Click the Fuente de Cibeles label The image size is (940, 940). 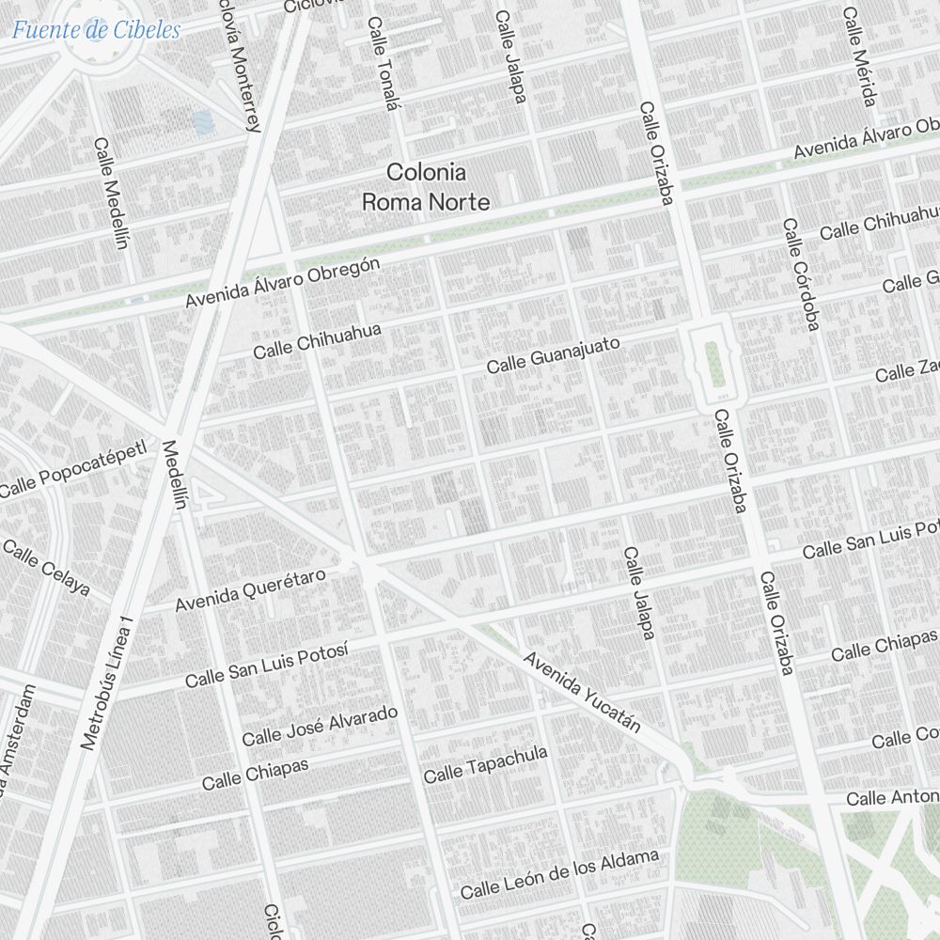point(96,29)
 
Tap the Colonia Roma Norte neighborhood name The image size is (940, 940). point(427,187)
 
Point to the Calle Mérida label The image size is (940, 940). point(859,57)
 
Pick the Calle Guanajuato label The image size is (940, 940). point(553,354)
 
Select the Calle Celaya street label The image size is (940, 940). point(46,568)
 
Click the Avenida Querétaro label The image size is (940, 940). point(250,589)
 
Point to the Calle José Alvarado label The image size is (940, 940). point(320,725)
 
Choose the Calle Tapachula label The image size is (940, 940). point(485,764)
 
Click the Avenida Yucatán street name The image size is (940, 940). point(583,692)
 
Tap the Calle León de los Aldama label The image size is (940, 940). point(558,874)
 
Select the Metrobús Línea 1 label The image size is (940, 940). point(109,682)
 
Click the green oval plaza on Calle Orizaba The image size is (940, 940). point(713,363)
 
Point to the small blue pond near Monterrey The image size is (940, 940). point(201,121)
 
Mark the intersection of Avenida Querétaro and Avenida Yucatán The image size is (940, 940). point(363,562)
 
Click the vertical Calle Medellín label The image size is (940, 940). point(110,194)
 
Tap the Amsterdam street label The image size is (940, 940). point(14,743)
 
